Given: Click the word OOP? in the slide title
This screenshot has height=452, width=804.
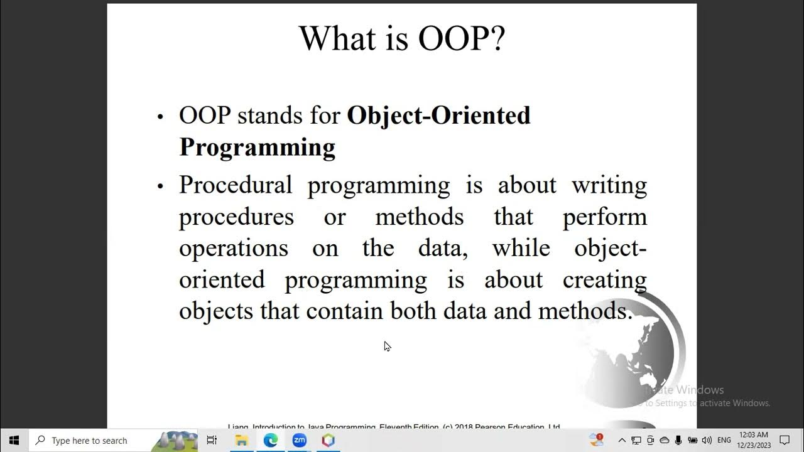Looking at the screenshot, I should point(462,39).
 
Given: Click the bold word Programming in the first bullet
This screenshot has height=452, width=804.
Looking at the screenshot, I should point(257,147).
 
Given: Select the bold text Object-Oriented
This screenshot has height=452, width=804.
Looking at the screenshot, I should point(438,116).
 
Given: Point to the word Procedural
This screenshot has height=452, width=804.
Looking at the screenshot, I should point(236,185).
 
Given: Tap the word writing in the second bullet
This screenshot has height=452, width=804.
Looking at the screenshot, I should point(609,185).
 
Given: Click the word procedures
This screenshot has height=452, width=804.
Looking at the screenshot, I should point(236,217).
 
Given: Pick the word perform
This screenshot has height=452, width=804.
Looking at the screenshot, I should point(604,217).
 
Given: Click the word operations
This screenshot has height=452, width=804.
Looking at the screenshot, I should point(234,249).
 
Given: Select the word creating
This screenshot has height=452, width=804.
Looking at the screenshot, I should point(604,280).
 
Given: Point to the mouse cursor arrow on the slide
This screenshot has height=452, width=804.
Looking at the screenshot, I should point(387,346).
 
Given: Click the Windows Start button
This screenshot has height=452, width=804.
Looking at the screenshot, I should point(14,440).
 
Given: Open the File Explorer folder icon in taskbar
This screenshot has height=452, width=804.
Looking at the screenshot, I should point(241,441).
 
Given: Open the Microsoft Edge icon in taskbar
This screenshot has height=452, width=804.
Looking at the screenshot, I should point(270,441).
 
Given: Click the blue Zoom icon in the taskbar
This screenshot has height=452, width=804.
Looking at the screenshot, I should point(299,441).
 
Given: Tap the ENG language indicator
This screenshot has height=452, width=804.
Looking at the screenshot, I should point(724,441).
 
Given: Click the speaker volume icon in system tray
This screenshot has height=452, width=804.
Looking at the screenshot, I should point(707,441).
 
